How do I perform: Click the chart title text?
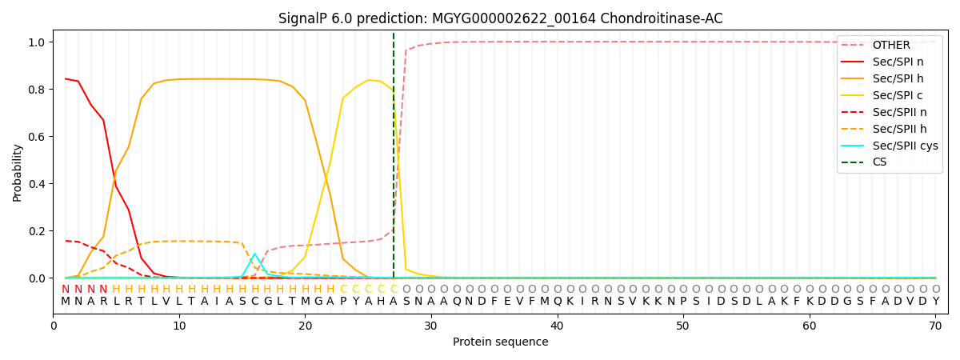point(500,18)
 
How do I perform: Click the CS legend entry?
point(879,162)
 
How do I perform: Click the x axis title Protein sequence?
point(500,342)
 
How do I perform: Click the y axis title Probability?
point(18,173)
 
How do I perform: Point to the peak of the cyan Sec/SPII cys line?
point(255,254)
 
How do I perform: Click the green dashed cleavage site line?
point(394,160)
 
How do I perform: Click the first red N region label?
point(66,290)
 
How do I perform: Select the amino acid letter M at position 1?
point(66,302)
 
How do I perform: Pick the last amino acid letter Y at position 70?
point(935,302)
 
